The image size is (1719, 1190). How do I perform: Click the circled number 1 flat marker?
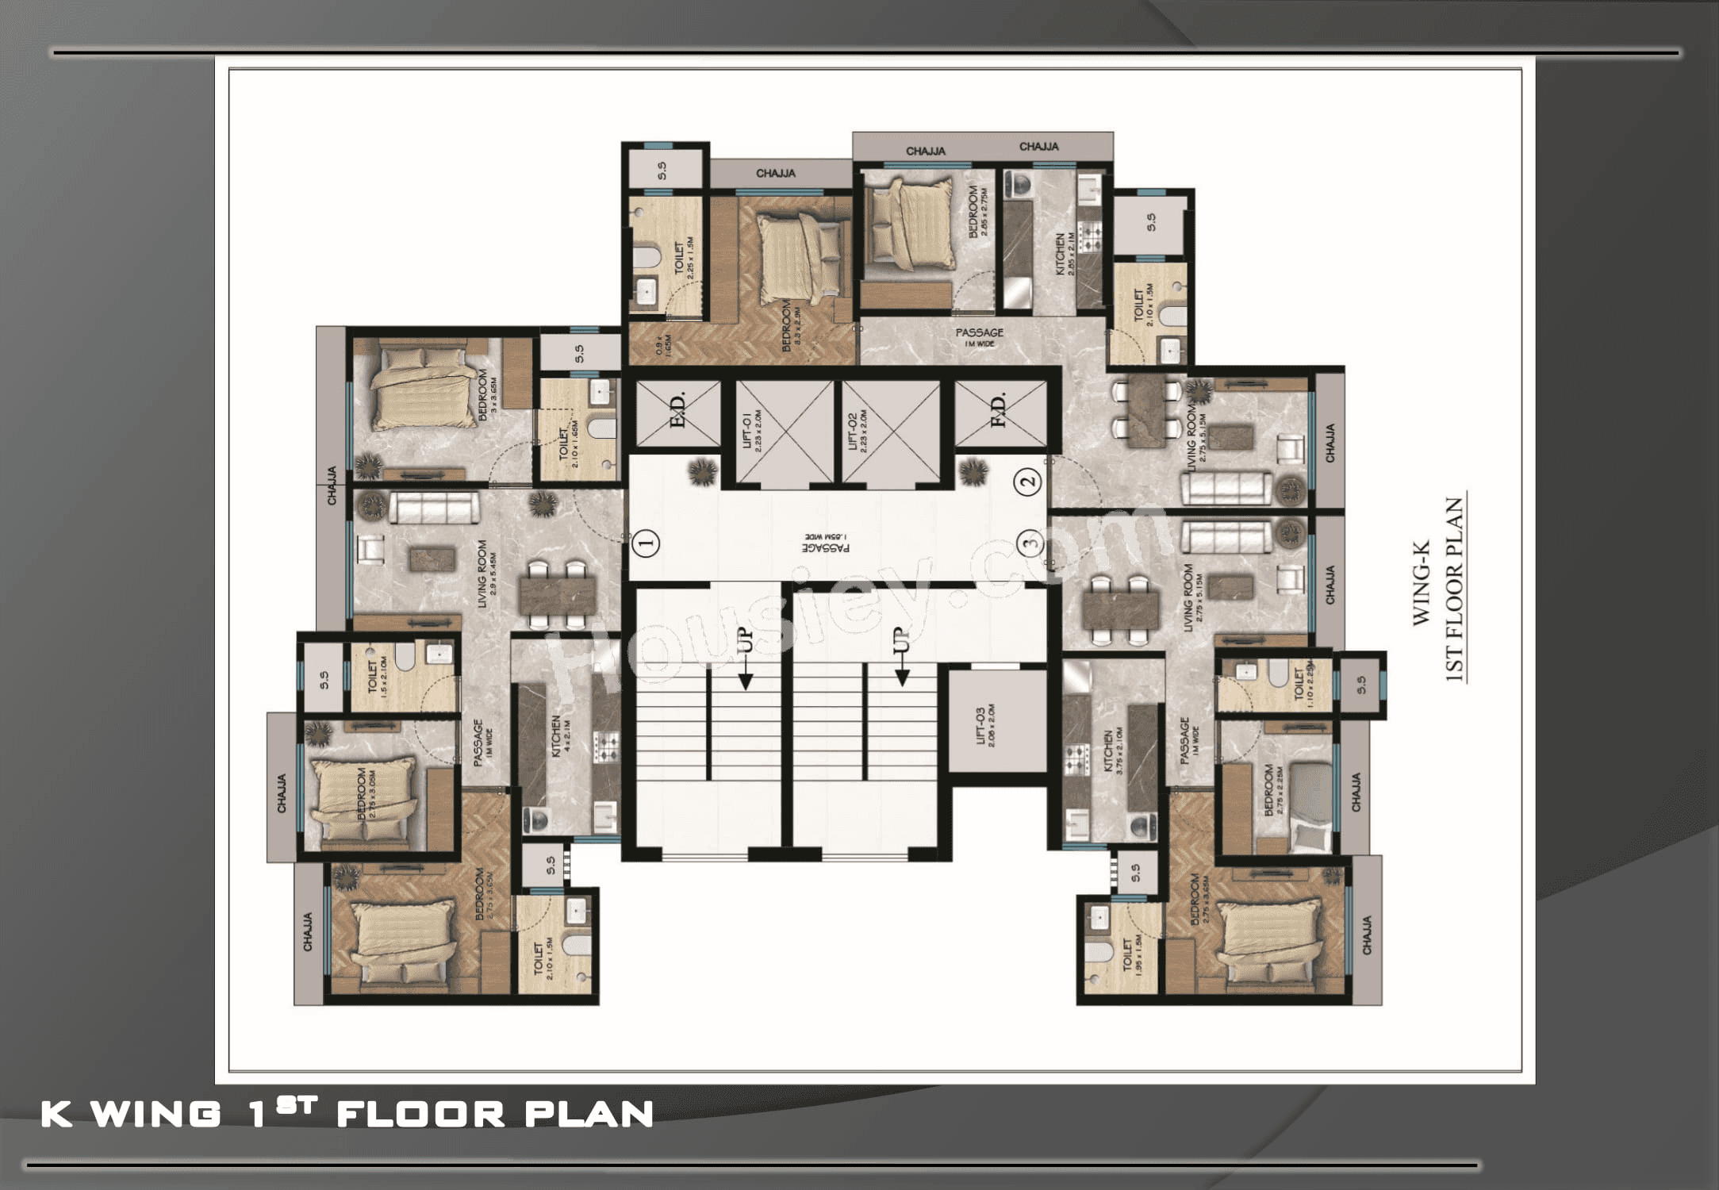coord(647,543)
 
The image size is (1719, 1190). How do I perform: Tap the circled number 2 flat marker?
coord(1029,481)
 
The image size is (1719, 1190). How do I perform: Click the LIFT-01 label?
coord(752,432)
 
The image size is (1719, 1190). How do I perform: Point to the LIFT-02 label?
coord(858,432)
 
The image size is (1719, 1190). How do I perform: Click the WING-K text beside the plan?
coord(1421,583)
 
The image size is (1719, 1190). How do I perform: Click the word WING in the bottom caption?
coord(156,1114)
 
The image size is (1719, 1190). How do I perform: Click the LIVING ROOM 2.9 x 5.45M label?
coord(487,574)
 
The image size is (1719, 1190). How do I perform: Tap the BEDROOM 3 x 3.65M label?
coord(487,394)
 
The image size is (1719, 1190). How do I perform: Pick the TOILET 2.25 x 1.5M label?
coord(684,258)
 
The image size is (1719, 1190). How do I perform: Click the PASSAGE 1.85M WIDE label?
coord(826,543)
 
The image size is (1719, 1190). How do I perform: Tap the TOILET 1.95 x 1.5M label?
coord(1132,952)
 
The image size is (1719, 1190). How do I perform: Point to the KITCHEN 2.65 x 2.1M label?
coord(1065,254)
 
